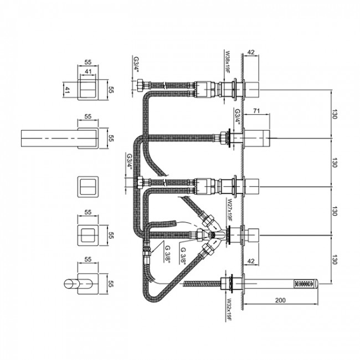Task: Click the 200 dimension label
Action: pyautogui.click(x=280, y=300)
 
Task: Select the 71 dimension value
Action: pyautogui.click(x=256, y=111)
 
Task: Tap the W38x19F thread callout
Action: pyautogui.click(x=228, y=61)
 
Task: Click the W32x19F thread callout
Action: pyautogui.click(x=229, y=310)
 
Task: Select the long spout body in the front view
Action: pyautogui.click(x=60, y=138)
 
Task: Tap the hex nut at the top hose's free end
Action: pyautogui.click(x=140, y=85)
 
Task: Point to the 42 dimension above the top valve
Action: pyautogui.click(x=251, y=52)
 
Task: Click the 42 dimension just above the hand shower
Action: pyautogui.click(x=251, y=261)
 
